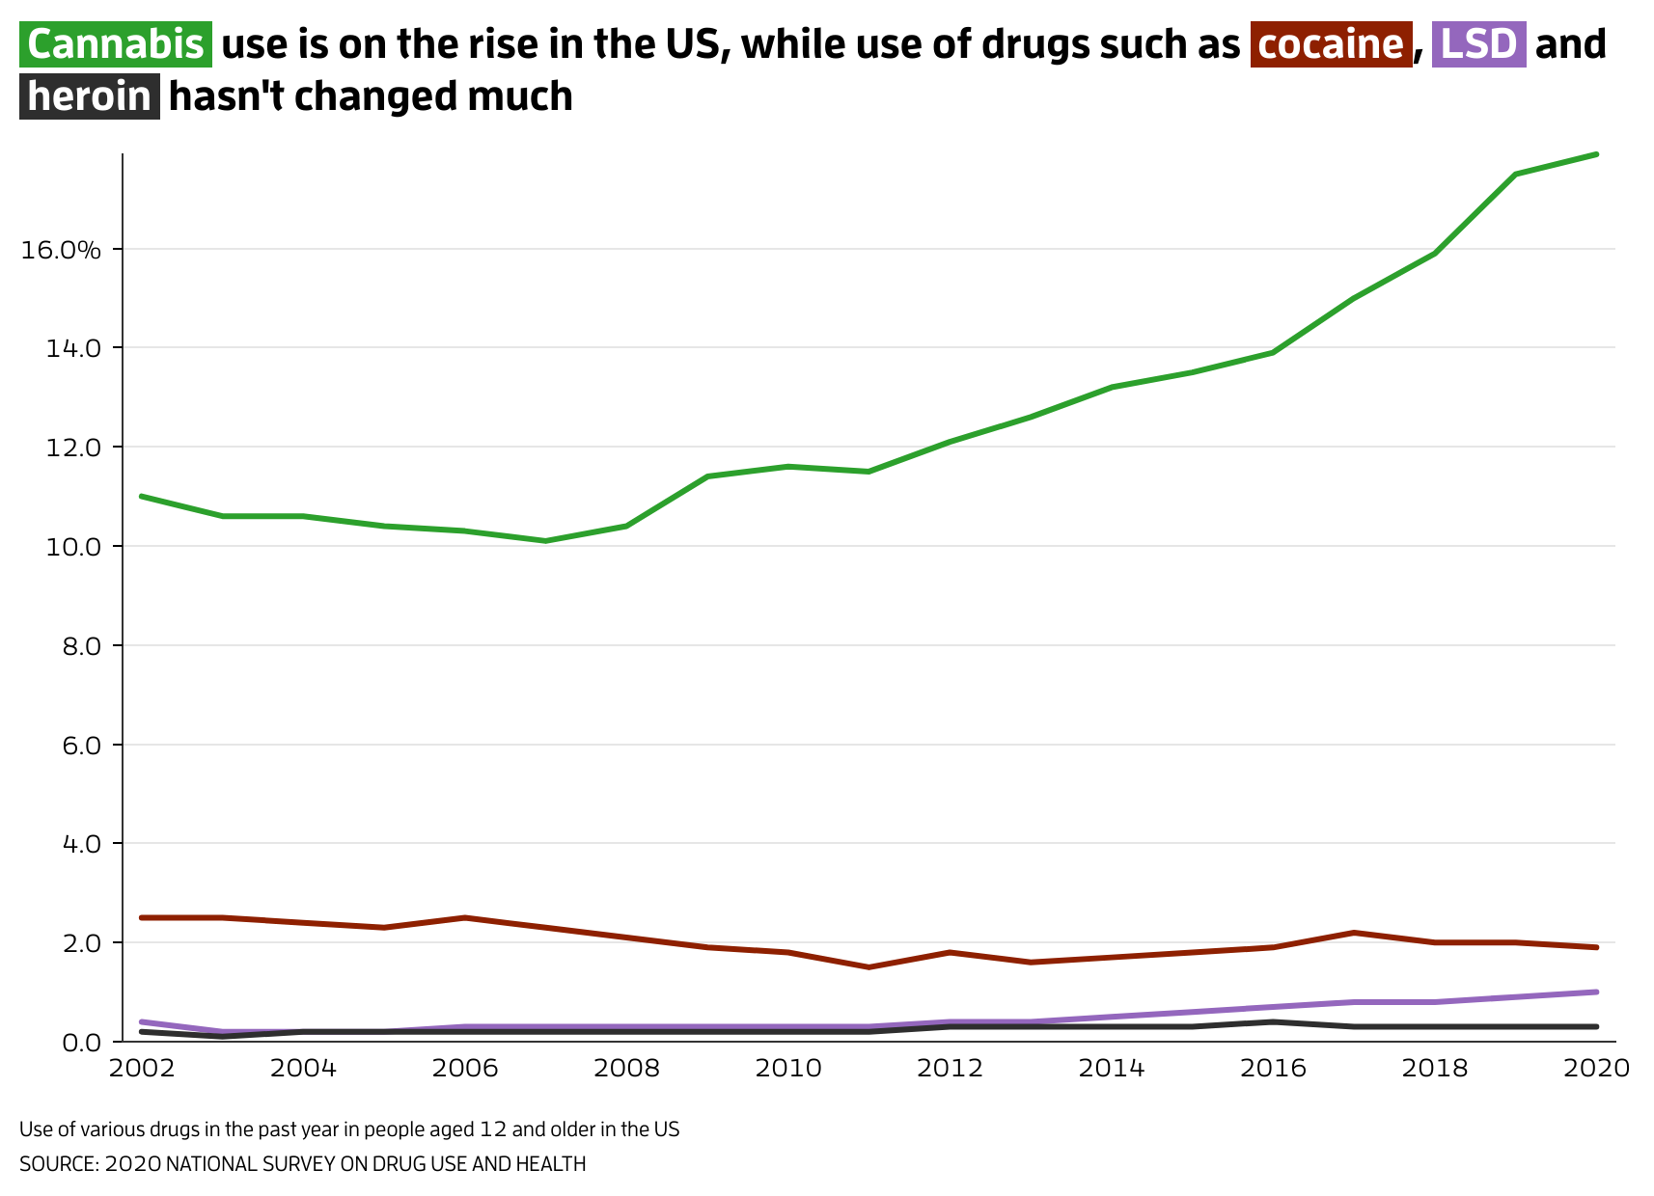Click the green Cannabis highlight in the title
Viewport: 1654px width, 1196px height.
click(116, 44)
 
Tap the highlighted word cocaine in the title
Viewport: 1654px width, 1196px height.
click(1331, 44)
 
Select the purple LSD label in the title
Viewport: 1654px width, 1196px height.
click(1479, 44)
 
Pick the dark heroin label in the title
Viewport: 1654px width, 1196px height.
click(90, 96)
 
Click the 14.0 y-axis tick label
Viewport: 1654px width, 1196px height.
click(73, 348)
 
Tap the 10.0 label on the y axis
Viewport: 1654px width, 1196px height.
click(73, 547)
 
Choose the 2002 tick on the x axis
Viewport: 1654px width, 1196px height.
click(142, 1069)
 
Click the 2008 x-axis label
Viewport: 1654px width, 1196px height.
click(626, 1069)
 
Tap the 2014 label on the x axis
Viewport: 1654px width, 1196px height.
click(1112, 1069)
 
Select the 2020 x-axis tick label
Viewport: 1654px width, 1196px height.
click(1595, 1069)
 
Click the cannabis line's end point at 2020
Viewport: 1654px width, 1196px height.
click(1596, 154)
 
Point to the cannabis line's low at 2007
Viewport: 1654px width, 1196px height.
click(545, 541)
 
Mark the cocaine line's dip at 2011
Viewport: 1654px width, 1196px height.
click(868, 967)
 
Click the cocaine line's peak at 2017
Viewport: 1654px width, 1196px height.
click(1354, 933)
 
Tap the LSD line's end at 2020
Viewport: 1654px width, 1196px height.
click(1596, 992)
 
